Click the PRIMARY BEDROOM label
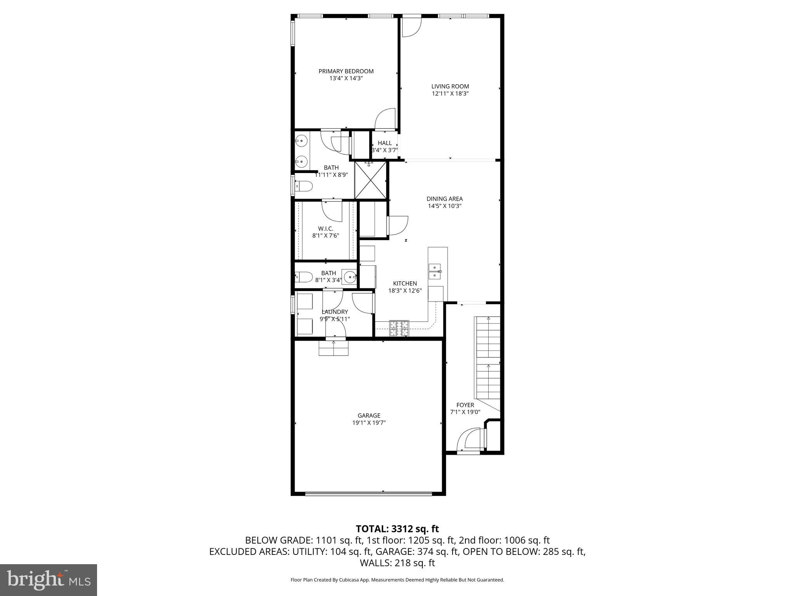[346, 71]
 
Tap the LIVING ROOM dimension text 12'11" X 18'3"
[450, 94]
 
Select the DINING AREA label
[444, 199]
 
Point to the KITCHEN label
[405, 284]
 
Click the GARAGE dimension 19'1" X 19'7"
[369, 423]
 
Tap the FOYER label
[465, 405]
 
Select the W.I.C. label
[326, 229]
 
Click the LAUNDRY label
[335, 312]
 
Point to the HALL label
[384, 143]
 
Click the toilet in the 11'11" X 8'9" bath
[304, 187]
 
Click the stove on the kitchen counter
[399, 328]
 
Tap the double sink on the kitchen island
[434, 271]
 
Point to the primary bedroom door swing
[385, 118]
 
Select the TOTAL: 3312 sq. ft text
[397, 528]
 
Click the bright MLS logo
[49, 580]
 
